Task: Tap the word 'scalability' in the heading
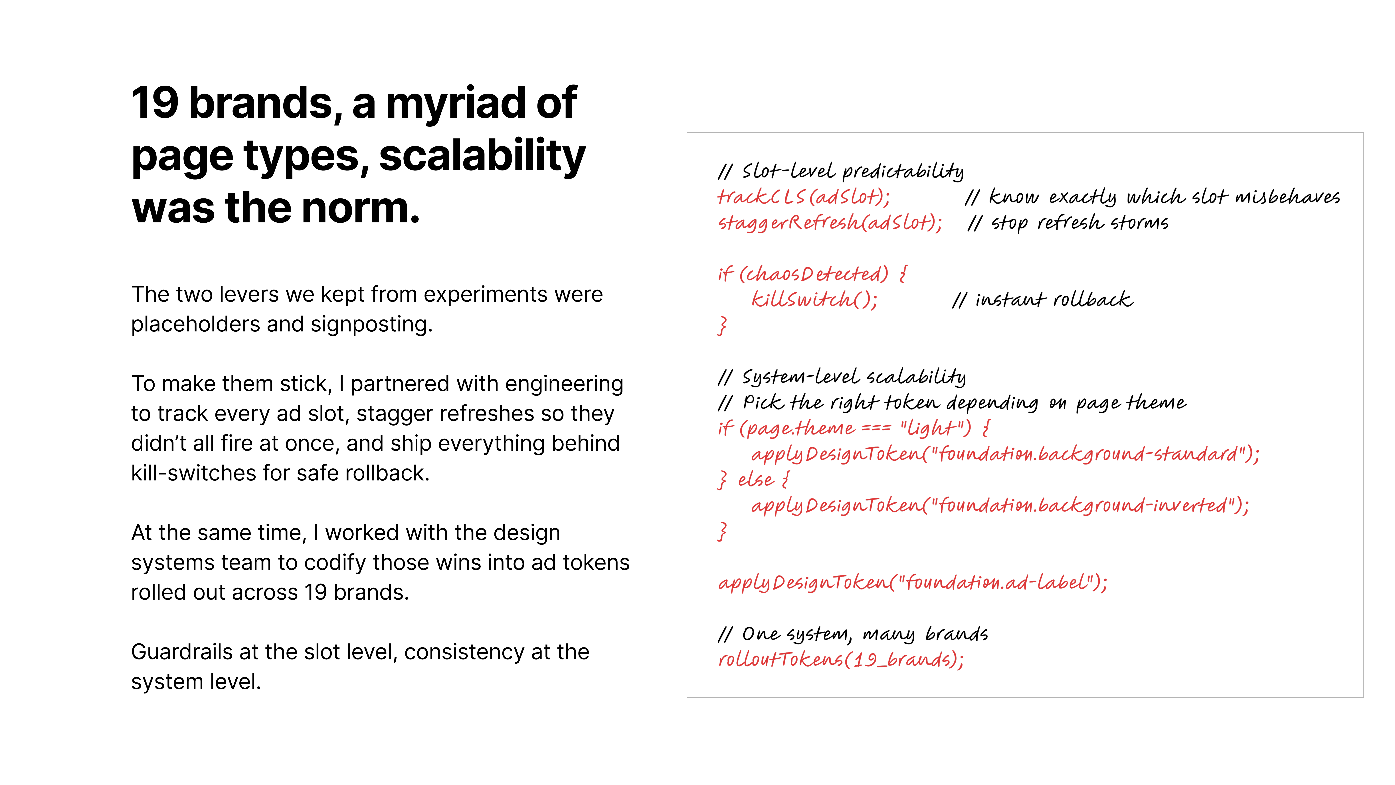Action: coord(482,156)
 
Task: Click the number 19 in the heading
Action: coord(155,103)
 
